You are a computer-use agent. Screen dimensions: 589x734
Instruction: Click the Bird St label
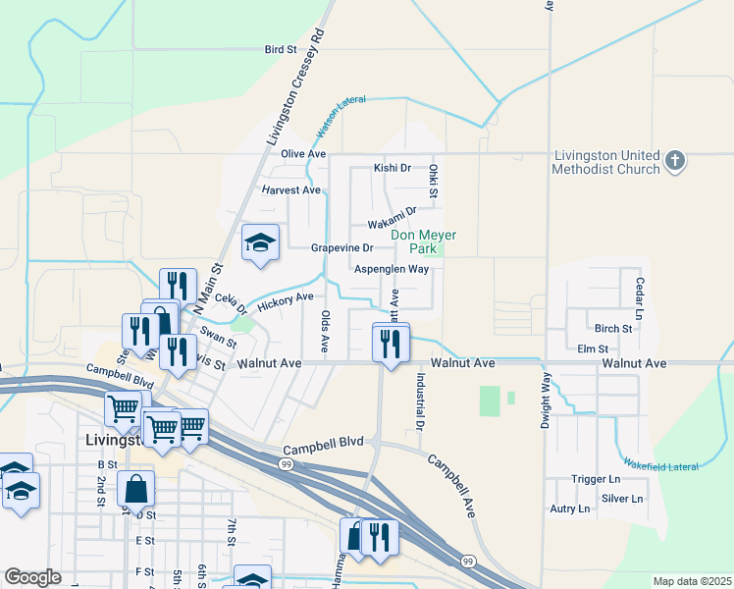(x=280, y=48)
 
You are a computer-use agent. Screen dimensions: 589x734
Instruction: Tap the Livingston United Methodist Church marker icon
(x=674, y=161)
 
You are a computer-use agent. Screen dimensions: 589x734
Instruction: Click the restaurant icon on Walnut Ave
(x=391, y=343)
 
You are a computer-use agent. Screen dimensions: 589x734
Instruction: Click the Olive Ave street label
(x=302, y=154)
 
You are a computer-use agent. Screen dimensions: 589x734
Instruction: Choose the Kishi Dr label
(x=392, y=168)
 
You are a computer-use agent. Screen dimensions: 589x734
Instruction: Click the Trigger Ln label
(x=597, y=479)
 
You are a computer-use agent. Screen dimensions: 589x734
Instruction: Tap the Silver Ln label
(x=622, y=499)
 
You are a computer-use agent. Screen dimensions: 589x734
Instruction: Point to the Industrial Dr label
(x=419, y=402)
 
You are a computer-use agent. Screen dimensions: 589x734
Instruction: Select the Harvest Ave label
(x=291, y=189)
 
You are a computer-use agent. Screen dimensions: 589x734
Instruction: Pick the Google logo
(x=32, y=577)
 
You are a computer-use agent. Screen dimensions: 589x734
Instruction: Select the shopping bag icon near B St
(x=135, y=487)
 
